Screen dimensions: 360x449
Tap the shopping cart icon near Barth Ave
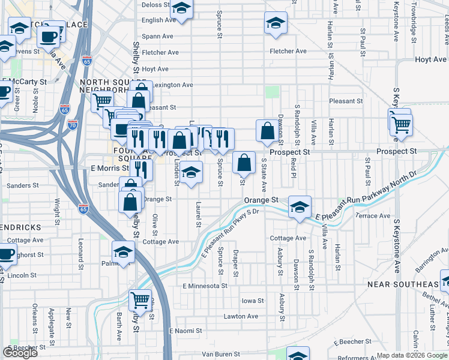pyautogui.click(x=140, y=298)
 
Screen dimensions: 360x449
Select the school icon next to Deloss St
pyautogui.click(x=181, y=8)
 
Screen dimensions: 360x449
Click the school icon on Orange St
pyautogui.click(x=300, y=206)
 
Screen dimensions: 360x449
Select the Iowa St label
pyautogui.click(x=252, y=301)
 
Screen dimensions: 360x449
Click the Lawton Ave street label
pyautogui.click(x=240, y=316)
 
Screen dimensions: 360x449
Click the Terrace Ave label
pyautogui.click(x=373, y=215)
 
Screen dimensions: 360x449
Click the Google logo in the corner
pyautogui.click(x=20, y=353)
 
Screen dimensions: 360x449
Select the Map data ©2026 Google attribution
pyautogui.click(x=411, y=355)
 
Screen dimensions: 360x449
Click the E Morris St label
pyautogui.click(x=106, y=169)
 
